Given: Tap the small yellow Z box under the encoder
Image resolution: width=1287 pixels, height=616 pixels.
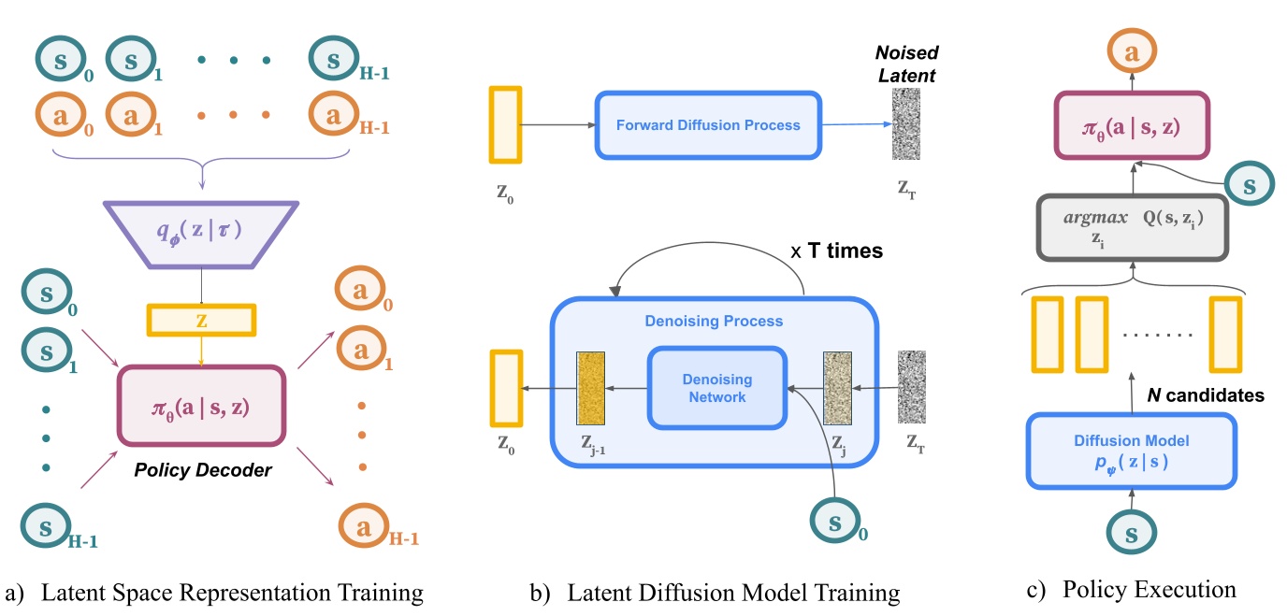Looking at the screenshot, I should click(200, 319).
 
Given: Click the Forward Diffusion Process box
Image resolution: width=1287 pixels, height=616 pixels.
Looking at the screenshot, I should click(708, 124).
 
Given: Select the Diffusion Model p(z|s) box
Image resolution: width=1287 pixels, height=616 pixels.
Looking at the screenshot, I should click(1131, 450).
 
